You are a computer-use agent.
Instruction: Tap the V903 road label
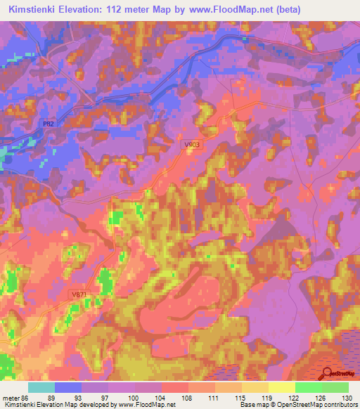pos(192,145)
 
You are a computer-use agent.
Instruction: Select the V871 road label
pos(79,295)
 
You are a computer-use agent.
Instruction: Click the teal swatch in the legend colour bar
pos(41,387)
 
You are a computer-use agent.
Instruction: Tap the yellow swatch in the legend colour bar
pos(281,387)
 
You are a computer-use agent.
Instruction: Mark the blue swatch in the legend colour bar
pos(68,387)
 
